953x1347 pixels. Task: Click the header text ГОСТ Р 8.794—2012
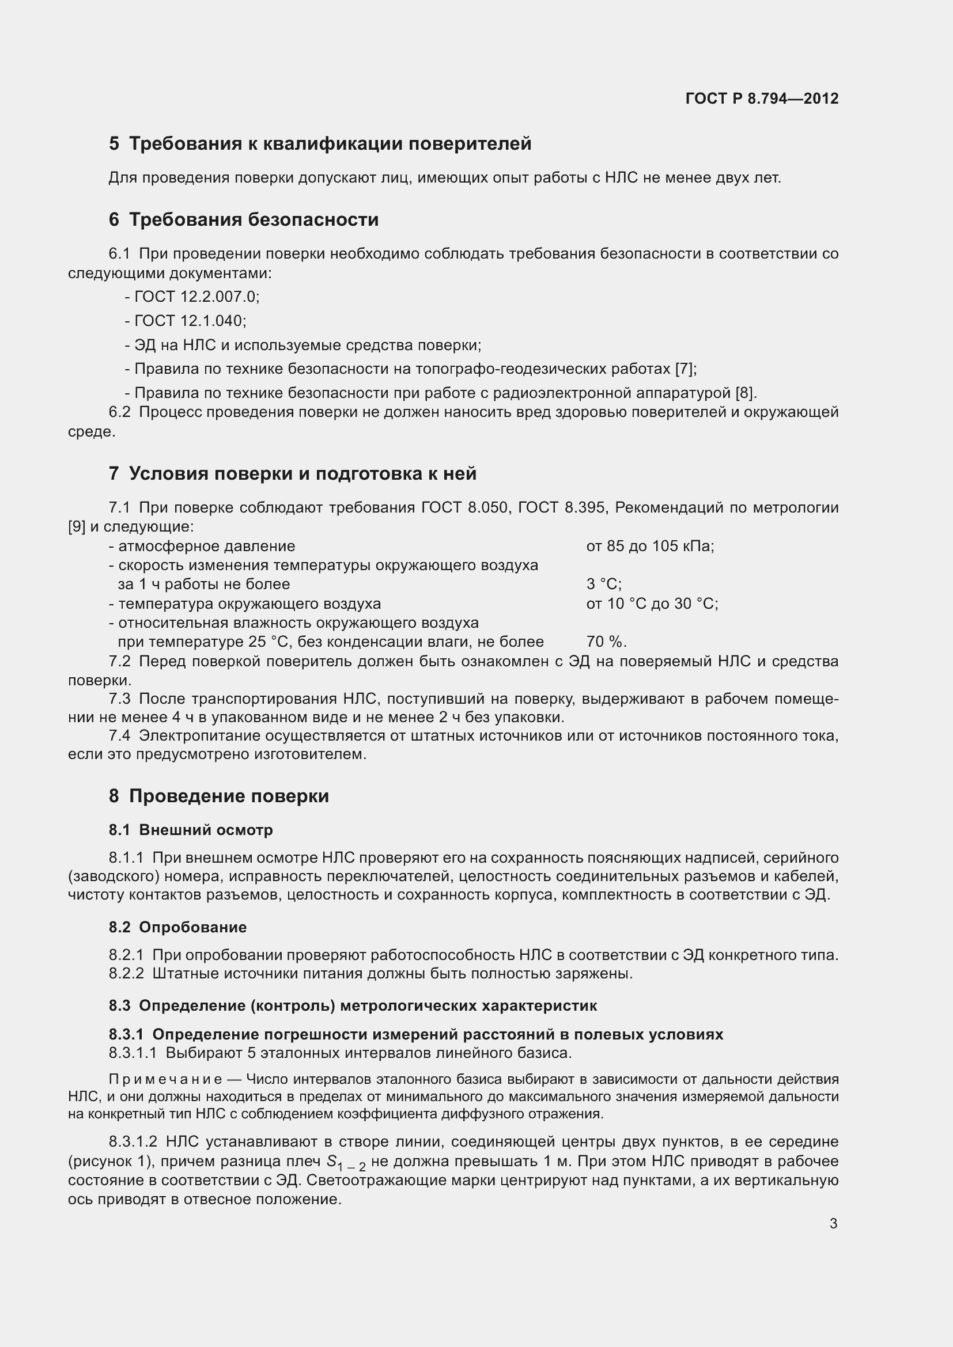(x=761, y=98)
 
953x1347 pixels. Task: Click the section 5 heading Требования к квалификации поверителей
(x=330, y=144)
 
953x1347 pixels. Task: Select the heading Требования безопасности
(x=254, y=220)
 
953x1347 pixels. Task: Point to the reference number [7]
(x=685, y=369)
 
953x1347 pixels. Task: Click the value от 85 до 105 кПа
(x=649, y=546)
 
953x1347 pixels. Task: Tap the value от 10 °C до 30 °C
(x=652, y=604)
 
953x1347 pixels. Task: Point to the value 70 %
(x=606, y=642)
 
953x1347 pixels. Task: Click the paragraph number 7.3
(x=119, y=699)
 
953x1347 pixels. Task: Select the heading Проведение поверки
(x=229, y=796)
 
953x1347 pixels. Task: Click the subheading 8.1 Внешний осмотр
(x=191, y=830)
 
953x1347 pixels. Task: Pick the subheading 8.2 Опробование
(x=177, y=928)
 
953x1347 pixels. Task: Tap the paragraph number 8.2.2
(x=126, y=974)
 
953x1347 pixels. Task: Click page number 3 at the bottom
(x=833, y=1224)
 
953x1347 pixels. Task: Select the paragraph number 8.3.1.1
(x=133, y=1053)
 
